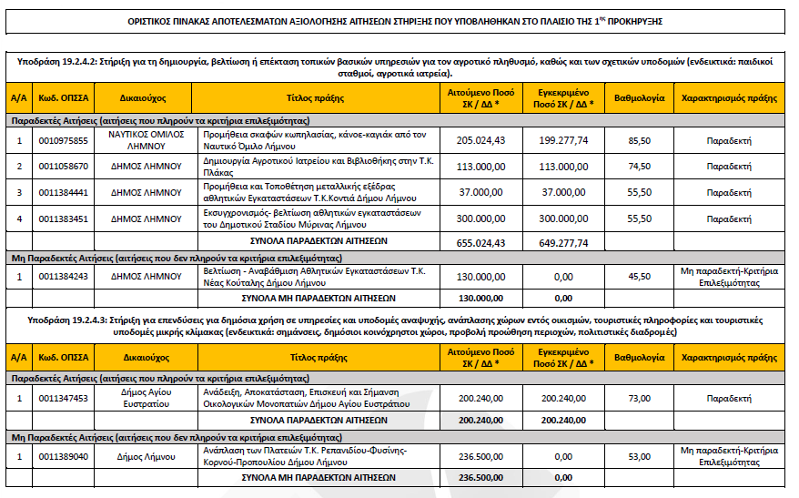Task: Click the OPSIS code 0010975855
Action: pyautogui.click(x=63, y=141)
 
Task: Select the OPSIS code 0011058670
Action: pyautogui.click(x=63, y=167)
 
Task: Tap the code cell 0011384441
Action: pyautogui.click(x=63, y=192)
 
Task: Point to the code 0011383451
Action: pyautogui.click(x=63, y=219)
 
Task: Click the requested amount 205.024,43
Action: pyautogui.click(x=480, y=141)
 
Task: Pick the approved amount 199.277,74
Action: pyautogui.click(x=562, y=141)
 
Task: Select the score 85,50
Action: pyautogui.click(x=639, y=141)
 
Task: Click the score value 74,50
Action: pyautogui.click(x=639, y=167)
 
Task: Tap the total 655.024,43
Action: pyautogui.click(x=480, y=242)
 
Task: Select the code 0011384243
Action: pyautogui.click(x=63, y=276)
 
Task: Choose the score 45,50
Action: pyautogui.click(x=639, y=276)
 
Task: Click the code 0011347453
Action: pyautogui.click(x=63, y=398)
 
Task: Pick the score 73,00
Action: pyautogui.click(x=639, y=398)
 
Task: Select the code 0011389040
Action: pyautogui.click(x=63, y=455)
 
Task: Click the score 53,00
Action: pyautogui.click(x=639, y=455)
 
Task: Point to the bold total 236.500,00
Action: pyautogui.click(x=480, y=477)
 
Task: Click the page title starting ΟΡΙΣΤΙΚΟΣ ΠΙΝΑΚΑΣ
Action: pyautogui.click(x=399, y=19)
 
